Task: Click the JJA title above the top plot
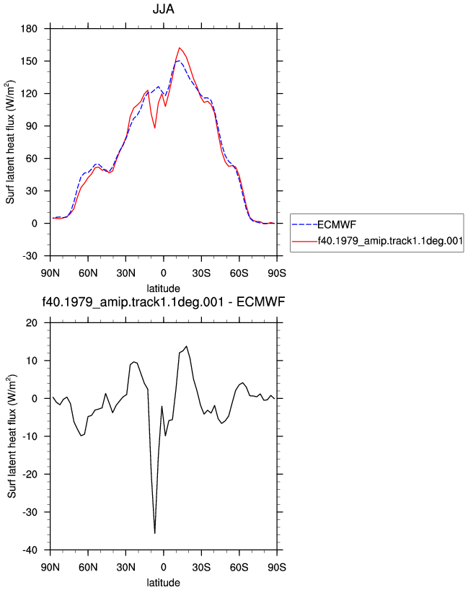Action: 163,9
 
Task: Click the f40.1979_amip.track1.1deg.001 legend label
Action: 390,241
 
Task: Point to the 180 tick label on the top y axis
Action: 29,29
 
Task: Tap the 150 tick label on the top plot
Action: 29,61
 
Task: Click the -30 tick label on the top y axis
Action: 30,256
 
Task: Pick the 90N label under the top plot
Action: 50,273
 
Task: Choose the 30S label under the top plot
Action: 201,273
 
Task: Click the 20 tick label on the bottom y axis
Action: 32,323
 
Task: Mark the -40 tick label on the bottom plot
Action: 30,550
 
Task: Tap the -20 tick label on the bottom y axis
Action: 30,474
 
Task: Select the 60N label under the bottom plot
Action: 88,567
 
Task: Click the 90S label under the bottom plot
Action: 277,567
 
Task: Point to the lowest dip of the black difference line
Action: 154,533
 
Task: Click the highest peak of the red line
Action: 180,48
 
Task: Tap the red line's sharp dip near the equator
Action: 154,128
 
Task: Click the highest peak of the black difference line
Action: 186,346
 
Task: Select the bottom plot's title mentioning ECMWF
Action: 163,301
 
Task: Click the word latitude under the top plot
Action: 163,289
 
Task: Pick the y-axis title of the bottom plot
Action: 12,436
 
